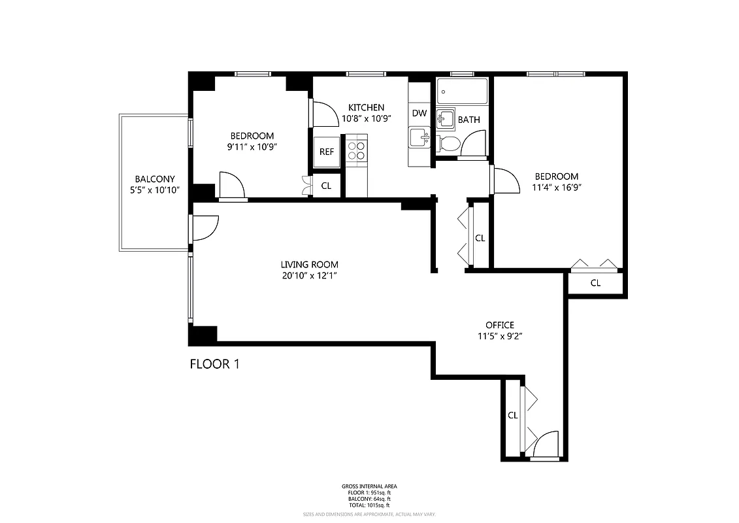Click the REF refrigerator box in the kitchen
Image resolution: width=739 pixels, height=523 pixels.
click(326, 152)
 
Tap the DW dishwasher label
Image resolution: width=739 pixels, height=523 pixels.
click(419, 113)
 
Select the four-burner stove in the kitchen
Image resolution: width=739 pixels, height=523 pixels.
click(357, 151)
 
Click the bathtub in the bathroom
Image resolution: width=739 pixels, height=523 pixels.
click(463, 92)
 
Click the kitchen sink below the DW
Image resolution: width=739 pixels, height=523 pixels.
click(418, 138)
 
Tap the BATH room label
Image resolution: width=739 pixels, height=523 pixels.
click(468, 120)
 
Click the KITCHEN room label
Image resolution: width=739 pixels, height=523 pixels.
click(366, 107)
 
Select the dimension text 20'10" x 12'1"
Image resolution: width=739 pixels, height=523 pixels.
click(310, 275)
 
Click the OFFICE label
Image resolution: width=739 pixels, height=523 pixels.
click(499, 325)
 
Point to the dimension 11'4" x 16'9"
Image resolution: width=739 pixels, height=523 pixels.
click(556, 188)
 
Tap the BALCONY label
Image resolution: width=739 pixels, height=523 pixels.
click(154, 179)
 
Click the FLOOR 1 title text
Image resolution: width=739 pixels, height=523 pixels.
click(214, 364)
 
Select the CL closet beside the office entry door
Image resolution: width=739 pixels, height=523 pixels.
click(512, 415)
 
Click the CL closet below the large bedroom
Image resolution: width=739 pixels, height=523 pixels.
click(595, 283)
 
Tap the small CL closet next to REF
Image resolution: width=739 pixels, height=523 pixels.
click(326, 186)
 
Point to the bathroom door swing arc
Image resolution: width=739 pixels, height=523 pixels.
click(473, 144)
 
